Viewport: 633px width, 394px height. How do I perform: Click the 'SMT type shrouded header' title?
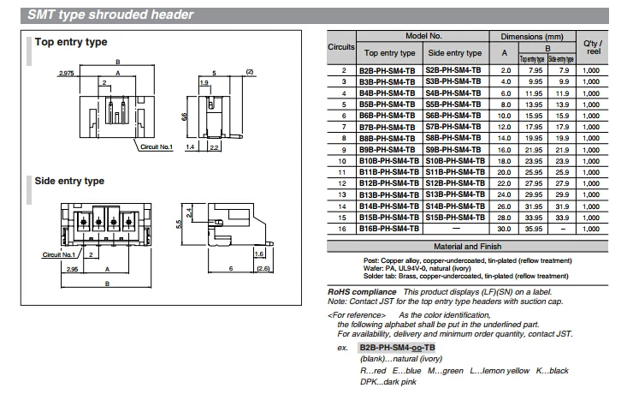pyautogui.click(x=110, y=15)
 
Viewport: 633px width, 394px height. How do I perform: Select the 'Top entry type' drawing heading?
pyautogui.click(x=71, y=42)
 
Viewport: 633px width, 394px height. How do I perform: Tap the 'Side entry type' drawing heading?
pyautogui.click(x=69, y=181)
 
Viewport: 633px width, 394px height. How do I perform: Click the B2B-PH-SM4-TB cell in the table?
pyautogui.click(x=387, y=71)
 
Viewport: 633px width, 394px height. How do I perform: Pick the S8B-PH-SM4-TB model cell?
pyautogui.click(x=453, y=138)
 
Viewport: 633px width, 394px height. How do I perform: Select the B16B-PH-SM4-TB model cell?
pyautogui.click(x=389, y=229)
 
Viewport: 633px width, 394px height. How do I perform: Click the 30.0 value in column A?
pyautogui.click(x=504, y=229)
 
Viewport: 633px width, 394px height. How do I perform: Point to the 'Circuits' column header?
pyautogui.click(x=341, y=47)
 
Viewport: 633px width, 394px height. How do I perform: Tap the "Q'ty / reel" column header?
pyautogui.click(x=593, y=47)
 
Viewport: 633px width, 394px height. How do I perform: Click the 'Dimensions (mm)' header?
pyautogui.click(x=532, y=36)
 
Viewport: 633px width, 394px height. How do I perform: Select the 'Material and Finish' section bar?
pyautogui.click(x=468, y=246)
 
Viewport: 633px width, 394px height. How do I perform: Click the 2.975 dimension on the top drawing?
pyautogui.click(x=67, y=73)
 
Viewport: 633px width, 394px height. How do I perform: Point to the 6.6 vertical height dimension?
pyautogui.click(x=184, y=116)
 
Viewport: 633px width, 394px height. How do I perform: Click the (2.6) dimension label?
pyautogui.click(x=263, y=268)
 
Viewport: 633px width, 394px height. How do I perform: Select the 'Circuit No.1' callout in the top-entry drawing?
pyautogui.click(x=157, y=146)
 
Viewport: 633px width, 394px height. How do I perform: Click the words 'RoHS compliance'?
pyautogui.click(x=362, y=292)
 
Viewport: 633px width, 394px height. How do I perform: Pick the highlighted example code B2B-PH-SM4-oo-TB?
pyautogui.click(x=397, y=348)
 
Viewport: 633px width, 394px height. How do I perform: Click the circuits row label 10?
pyautogui.click(x=342, y=161)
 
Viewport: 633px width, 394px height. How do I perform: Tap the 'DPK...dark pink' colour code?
pyautogui.click(x=388, y=382)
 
